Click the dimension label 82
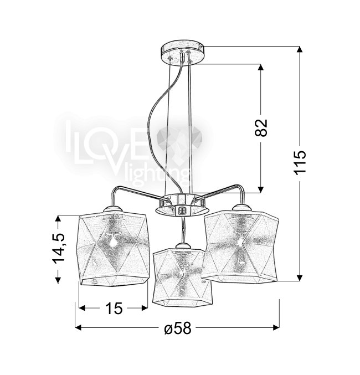[261, 127]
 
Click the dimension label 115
[300, 162]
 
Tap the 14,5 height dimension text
[58, 248]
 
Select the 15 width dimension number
[114, 308]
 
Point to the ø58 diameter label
[178, 328]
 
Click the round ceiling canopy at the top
[183, 53]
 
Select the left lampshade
[112, 249]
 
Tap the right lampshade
[240, 246]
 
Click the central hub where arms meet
[182, 204]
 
